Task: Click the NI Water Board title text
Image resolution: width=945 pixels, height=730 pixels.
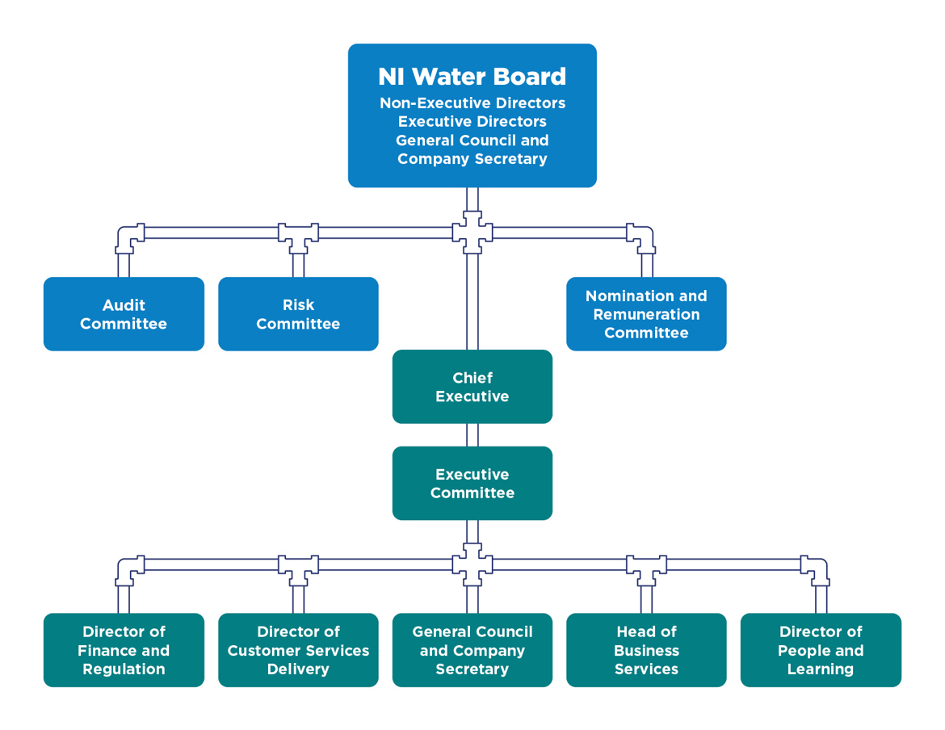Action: pyautogui.click(x=472, y=77)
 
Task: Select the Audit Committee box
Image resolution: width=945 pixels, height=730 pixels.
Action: pyautogui.click(x=124, y=314)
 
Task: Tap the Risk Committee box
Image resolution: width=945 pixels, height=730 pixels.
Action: pyautogui.click(x=298, y=314)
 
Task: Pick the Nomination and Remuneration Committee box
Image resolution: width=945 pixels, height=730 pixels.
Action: pyautogui.click(x=646, y=314)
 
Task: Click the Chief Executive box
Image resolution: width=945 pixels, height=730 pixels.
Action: pyautogui.click(x=472, y=387)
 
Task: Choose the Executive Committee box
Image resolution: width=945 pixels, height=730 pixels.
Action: pyautogui.click(x=472, y=483)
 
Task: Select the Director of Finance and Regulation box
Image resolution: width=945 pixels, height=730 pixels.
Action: pyautogui.click(x=124, y=650)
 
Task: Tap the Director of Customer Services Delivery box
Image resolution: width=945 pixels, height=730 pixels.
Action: pyautogui.click(x=298, y=650)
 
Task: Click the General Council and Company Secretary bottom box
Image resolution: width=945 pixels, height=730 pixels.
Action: pyautogui.click(x=472, y=650)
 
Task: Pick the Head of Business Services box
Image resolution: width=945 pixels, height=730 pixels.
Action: pyautogui.click(x=646, y=650)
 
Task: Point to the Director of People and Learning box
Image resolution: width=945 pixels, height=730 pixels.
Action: pyautogui.click(x=821, y=650)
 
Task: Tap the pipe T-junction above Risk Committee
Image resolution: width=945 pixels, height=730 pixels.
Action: pyautogui.click(x=298, y=235)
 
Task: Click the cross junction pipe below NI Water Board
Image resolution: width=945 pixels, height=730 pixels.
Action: pyautogui.click(x=472, y=233)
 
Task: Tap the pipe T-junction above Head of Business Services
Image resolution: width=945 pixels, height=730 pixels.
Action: pyautogui.click(x=646, y=567)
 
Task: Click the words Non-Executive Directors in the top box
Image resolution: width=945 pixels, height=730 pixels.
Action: pyautogui.click(x=472, y=103)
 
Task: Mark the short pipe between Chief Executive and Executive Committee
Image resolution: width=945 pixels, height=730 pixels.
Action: pyautogui.click(x=472, y=435)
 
